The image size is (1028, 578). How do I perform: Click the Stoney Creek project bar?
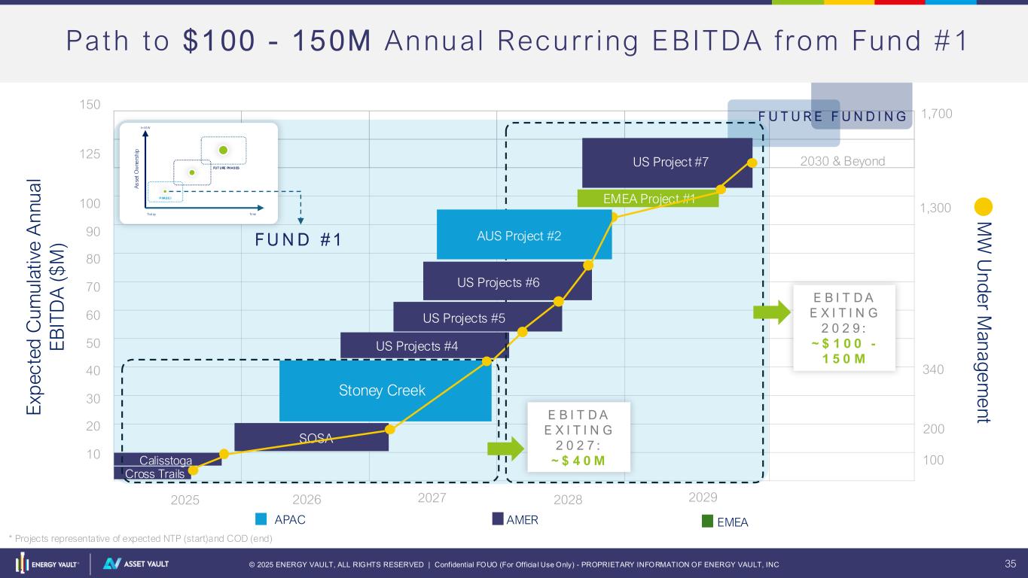(385, 391)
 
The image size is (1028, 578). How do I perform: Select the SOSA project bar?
(311, 437)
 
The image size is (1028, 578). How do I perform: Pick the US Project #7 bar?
(667, 162)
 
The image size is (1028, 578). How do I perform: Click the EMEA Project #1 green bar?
(648, 199)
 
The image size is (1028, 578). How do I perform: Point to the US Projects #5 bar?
(477, 317)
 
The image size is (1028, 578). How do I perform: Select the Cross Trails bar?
(154, 473)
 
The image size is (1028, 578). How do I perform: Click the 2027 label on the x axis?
(432, 498)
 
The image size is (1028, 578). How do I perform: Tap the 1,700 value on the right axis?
(937, 114)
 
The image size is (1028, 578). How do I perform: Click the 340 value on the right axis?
(933, 370)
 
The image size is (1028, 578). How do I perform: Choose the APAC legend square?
(261, 519)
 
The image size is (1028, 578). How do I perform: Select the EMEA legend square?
(706, 521)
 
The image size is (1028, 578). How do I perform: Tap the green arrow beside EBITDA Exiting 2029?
(771, 312)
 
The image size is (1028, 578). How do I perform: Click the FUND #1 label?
(297, 240)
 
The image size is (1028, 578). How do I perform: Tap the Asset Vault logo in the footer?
(136, 564)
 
